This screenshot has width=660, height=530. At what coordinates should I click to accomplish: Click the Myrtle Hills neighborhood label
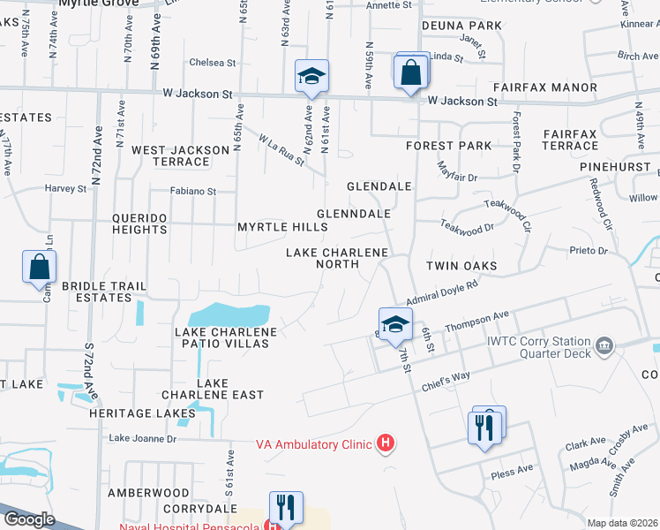tap(282, 227)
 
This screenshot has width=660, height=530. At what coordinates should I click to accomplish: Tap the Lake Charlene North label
tap(337, 260)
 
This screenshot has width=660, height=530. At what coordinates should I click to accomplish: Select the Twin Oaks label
tap(461, 266)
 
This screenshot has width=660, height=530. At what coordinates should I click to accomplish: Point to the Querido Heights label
tap(139, 223)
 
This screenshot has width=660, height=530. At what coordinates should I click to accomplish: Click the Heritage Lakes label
tap(153, 413)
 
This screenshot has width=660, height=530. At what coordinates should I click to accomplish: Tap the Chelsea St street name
tap(213, 63)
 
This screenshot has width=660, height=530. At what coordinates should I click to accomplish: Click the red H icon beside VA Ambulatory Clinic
tap(385, 444)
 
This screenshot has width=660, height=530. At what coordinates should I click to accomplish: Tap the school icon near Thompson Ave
tap(395, 324)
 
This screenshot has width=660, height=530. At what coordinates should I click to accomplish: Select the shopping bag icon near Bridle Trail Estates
tap(40, 267)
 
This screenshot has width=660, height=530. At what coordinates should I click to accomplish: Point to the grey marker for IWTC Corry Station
tap(604, 344)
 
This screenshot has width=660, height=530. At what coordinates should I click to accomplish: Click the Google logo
tap(28, 519)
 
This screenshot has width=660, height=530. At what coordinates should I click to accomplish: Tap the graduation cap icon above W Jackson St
tap(311, 77)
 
